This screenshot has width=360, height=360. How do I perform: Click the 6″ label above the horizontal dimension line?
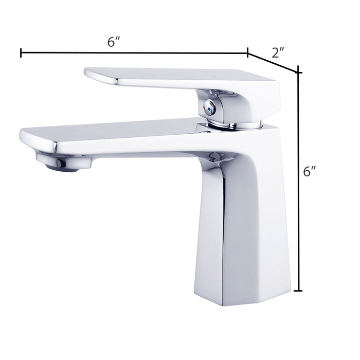point(114,42)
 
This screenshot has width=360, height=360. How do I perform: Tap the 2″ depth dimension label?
point(278,53)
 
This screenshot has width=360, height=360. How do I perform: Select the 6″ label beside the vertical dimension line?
point(309,171)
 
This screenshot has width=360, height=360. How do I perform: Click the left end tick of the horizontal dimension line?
point(21,53)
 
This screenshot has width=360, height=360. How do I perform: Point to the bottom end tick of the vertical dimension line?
point(298,291)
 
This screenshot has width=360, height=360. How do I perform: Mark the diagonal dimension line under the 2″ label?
point(273,63)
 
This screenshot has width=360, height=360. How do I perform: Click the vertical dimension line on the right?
point(298,182)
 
